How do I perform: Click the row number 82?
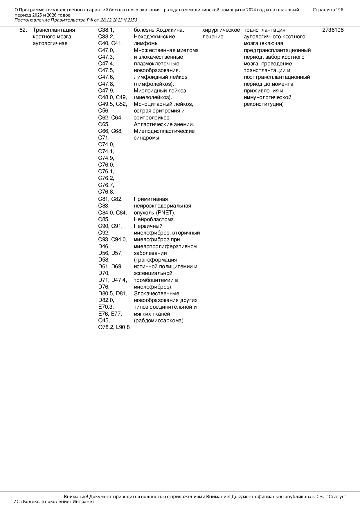click(x=23, y=30)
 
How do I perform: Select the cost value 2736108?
click(x=333, y=30)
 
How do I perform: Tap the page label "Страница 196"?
click(x=328, y=10)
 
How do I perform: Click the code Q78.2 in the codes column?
click(x=106, y=327)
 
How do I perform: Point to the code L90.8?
click(x=123, y=327)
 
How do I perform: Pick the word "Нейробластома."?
click(x=154, y=219)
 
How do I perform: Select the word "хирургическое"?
click(x=221, y=30)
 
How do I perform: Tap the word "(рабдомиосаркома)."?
click(x=159, y=321)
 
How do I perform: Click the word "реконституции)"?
click(x=264, y=104)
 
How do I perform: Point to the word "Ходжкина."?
click(x=170, y=30)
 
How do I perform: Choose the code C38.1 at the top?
click(x=106, y=30)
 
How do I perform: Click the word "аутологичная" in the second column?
click(x=50, y=44)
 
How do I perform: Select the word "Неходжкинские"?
click(x=154, y=37)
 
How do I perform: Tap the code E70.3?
click(x=106, y=307)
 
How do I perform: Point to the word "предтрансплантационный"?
click(x=277, y=50)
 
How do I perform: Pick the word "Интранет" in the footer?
click(x=83, y=502)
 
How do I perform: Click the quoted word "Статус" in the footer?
click(x=336, y=497)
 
